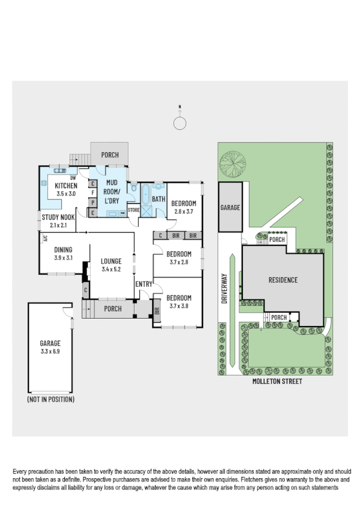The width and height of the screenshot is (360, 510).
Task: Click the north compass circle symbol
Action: click(180, 123)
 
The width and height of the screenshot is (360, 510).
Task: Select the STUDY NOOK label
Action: click(58, 217)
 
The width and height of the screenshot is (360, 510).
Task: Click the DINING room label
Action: click(63, 250)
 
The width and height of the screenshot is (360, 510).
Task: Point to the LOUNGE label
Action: click(112, 262)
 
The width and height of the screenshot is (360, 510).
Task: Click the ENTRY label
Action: click(144, 284)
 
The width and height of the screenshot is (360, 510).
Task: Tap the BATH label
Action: click(158, 199)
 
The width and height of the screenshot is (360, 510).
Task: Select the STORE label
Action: click(133, 210)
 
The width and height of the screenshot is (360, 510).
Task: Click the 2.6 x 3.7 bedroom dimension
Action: click(183, 212)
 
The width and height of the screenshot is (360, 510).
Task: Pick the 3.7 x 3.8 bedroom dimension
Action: click(178, 306)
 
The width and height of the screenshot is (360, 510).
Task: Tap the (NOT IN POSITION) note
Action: click(51, 399)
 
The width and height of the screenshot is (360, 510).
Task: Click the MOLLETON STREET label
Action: click(278, 381)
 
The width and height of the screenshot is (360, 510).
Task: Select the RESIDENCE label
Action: click(283, 280)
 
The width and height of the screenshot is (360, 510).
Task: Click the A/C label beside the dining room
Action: click(44, 238)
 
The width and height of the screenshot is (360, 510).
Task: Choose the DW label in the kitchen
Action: click(73, 178)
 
